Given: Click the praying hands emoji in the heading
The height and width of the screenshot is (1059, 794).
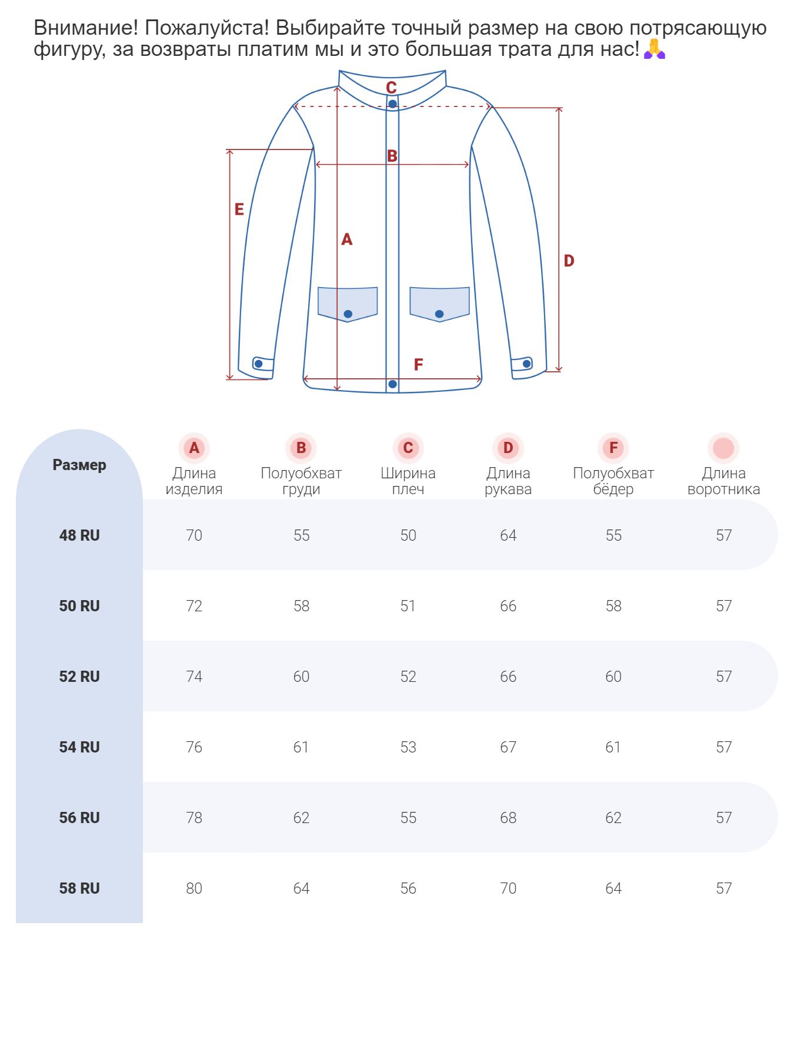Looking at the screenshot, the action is pos(654,49).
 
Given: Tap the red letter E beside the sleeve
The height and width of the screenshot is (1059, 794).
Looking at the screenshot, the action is pos(239,209).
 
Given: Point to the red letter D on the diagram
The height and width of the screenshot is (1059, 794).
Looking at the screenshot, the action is pos(569,261).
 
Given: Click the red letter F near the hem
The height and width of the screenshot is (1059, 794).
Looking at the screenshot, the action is pos(418,365).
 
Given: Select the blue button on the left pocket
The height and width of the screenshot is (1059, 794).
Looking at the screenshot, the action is pos(348,314).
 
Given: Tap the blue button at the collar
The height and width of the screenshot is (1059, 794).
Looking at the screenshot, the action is pos(392,104).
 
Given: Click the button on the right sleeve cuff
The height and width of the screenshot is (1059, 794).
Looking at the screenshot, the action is pos(526,364).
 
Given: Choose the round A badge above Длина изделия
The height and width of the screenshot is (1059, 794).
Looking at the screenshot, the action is pos(194,448).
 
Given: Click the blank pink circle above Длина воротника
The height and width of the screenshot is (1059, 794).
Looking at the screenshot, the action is pos(723,448).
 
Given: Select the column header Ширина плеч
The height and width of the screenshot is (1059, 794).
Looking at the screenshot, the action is pos(408,481).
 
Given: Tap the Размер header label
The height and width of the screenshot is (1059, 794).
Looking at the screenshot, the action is pos(79,465).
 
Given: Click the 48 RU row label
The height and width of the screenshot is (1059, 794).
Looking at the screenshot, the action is pos(79,535).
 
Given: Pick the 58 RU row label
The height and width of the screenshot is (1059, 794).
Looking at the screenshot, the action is pos(79,888).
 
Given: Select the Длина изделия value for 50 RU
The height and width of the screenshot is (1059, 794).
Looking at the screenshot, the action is pos(194,606).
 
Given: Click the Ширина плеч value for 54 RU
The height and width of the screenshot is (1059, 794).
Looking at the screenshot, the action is pos(408,747).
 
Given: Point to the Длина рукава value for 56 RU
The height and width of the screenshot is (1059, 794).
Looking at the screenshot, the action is pos(508,818).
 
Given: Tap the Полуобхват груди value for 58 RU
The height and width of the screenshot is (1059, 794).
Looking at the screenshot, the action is pos(301,888).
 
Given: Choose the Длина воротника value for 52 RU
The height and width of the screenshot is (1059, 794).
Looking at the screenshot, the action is pos(724,677).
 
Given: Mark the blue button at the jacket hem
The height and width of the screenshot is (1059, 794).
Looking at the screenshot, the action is pos(392,384).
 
